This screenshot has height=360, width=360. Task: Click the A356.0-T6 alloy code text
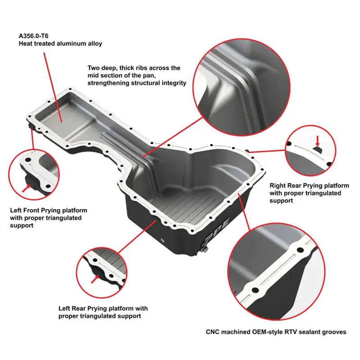point(33,36)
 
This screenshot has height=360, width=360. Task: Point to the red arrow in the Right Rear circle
point(317,141)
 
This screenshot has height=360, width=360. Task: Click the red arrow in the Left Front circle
point(27,188)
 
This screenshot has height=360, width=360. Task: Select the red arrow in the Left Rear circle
point(95,279)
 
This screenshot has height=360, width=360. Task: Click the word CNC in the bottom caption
point(213,332)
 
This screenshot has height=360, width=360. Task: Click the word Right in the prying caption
point(277,185)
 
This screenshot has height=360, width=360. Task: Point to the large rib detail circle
point(241,87)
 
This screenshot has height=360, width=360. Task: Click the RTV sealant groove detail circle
point(277,272)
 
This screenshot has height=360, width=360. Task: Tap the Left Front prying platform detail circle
point(34,174)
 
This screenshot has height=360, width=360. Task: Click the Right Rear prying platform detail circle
point(310,150)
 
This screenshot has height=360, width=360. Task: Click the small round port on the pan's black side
point(163,240)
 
